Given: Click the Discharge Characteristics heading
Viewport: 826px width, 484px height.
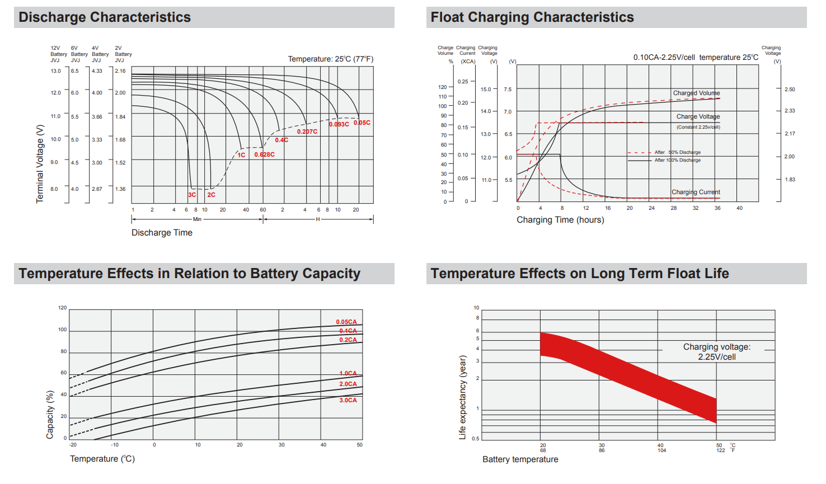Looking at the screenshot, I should pos(105,17).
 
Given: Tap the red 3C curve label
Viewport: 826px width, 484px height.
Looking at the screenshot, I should pos(192,195).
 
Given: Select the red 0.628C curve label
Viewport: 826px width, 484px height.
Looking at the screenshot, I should pos(264,154).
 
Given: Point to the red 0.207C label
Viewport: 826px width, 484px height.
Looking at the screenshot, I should pos(307,131).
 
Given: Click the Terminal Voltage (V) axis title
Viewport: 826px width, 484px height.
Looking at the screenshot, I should pos(40,163).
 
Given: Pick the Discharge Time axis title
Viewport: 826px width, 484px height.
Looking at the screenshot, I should pos(162,233).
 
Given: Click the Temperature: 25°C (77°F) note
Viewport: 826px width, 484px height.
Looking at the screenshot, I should pos(330,59).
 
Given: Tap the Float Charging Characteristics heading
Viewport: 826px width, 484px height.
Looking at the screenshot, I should pos(532,17).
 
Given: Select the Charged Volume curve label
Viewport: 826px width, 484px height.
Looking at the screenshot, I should pos(696,93).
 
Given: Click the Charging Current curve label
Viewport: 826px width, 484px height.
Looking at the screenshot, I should pos(696,192).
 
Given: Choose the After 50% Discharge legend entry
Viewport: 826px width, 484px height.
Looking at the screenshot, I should pos(677,152).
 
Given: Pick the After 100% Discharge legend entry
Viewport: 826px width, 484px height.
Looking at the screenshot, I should pos(677,160).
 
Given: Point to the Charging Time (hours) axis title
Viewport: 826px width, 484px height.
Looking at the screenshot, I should pos(560,220).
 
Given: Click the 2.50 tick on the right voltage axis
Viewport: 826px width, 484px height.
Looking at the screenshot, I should pos(789,90).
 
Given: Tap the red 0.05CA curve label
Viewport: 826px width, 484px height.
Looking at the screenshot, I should pos(346,322).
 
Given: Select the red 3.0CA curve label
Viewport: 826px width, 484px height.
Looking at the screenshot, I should pos(348,400).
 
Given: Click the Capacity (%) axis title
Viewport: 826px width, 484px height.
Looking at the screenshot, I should pos(50,414).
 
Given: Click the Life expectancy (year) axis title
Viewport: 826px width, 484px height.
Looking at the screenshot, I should pos(462,397).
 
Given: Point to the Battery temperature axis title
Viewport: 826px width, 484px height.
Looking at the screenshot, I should pos(520,459).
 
